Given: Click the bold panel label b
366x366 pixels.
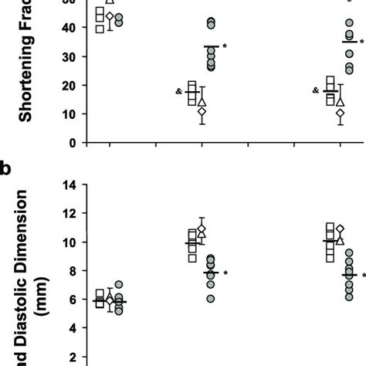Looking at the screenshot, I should coord(5,168).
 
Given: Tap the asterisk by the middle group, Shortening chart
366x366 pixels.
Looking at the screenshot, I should coord(225,46).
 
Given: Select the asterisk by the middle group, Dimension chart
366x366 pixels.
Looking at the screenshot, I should coord(225,273).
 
